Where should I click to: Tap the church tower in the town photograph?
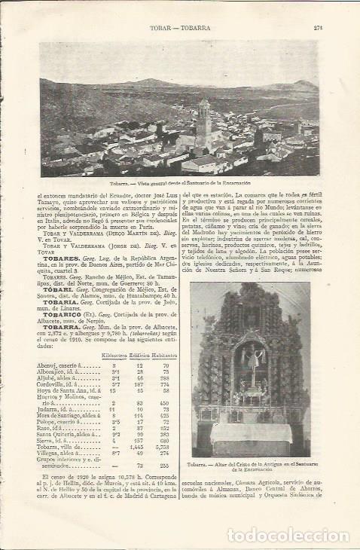click(203, 121)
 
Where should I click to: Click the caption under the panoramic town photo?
click(179, 183)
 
